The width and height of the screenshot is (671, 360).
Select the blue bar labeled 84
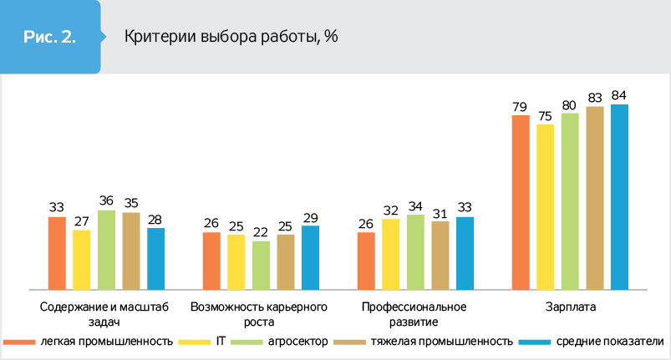(x=619, y=196)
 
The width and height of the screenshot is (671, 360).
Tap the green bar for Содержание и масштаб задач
(x=106, y=249)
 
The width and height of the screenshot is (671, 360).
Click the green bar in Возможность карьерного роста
(x=261, y=264)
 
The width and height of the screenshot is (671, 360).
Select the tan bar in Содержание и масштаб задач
(x=131, y=250)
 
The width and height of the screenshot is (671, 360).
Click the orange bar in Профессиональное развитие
(x=366, y=260)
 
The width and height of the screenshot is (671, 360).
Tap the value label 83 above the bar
(x=594, y=99)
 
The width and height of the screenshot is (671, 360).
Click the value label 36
(x=106, y=201)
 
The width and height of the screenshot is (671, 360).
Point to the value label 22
(x=261, y=232)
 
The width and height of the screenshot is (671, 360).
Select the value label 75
(x=545, y=116)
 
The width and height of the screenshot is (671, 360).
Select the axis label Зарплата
(x=570, y=307)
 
